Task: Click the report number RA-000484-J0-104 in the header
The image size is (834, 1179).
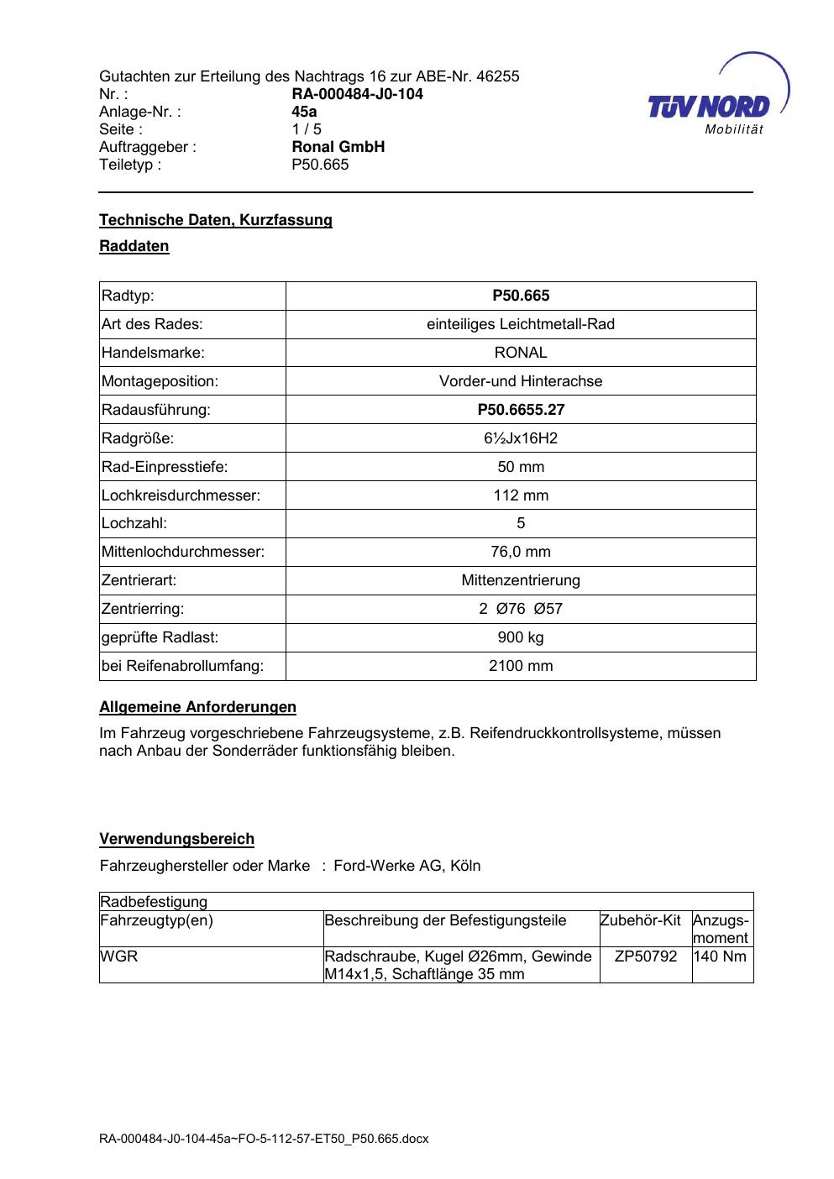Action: [357, 94]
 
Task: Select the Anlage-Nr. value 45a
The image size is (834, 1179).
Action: [304, 112]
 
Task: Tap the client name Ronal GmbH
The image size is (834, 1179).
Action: [338, 147]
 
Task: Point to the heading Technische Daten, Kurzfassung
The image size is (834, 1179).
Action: [216, 220]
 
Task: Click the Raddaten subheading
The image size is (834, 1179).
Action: [134, 246]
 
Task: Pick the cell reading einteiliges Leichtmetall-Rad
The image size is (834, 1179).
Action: [521, 324]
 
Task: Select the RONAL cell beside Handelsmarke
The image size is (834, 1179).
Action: [521, 353]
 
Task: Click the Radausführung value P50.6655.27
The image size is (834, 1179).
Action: [521, 410]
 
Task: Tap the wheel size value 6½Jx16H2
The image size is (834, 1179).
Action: [521, 438]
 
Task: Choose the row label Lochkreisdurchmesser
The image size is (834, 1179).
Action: [181, 495]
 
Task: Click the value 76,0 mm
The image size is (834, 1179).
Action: [521, 552]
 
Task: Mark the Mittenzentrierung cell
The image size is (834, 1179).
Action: [521, 580]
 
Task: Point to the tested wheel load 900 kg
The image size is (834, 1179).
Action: [521, 637]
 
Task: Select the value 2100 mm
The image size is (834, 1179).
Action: [521, 666]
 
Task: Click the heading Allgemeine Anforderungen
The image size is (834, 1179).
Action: [197, 707]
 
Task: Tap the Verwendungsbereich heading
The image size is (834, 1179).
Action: [176, 839]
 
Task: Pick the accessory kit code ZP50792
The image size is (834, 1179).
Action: [645, 956]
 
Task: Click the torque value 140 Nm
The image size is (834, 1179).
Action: [721, 956]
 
